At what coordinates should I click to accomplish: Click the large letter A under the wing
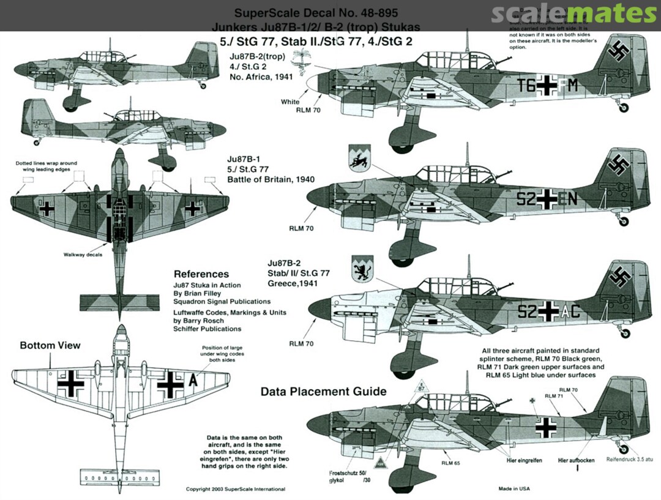[x=193, y=381]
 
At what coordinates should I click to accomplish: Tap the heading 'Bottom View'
[x=50, y=346]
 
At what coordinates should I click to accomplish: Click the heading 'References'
[x=201, y=274]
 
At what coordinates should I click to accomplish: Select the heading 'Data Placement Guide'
[x=323, y=392]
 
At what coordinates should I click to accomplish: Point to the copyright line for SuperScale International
[x=236, y=490]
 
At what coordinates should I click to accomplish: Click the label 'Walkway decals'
[x=81, y=255]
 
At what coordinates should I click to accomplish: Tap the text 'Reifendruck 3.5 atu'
[x=630, y=459]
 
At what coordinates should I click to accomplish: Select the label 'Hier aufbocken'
[x=576, y=460]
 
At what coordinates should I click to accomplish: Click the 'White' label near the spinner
[x=291, y=102]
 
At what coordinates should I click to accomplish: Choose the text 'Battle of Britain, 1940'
[x=271, y=180]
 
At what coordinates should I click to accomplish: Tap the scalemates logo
[x=573, y=13]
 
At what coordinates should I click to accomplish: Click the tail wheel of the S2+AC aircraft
[x=625, y=334]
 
